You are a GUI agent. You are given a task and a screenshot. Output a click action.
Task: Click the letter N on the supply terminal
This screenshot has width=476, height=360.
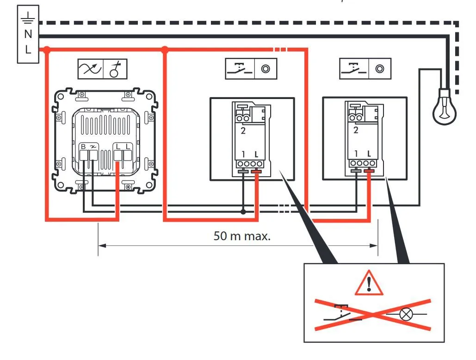click(28, 34)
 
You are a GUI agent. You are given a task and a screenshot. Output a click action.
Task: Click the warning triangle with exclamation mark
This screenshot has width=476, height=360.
click(369, 283)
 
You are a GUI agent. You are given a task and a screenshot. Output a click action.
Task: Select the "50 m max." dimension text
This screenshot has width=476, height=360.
click(242, 236)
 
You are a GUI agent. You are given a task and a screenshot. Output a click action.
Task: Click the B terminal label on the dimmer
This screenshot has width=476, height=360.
click(83, 147)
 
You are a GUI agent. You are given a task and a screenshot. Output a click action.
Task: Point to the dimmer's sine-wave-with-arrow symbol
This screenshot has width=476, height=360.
click(90, 69)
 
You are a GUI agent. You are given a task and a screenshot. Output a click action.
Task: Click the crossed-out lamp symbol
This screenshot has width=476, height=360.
click(406, 314)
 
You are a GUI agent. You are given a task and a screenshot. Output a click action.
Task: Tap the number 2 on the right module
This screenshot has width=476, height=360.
click(356, 130)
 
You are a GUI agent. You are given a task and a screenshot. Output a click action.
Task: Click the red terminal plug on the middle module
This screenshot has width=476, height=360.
click(256, 172)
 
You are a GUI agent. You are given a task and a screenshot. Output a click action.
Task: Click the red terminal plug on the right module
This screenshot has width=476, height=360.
click(369, 171)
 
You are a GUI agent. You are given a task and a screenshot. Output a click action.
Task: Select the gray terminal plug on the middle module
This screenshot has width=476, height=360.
click(243, 172)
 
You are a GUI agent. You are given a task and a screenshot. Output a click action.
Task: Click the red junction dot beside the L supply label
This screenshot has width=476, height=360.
click(46, 50)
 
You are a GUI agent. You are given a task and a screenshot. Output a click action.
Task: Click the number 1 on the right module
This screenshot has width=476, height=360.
click(356, 153)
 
